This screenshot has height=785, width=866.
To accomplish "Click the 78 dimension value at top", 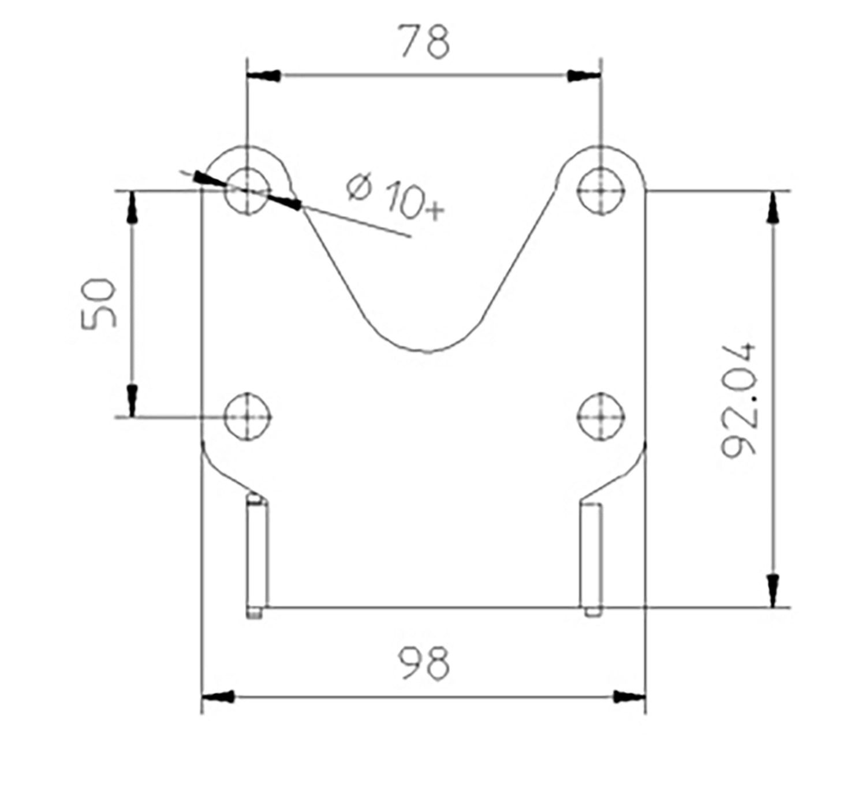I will click(424, 42).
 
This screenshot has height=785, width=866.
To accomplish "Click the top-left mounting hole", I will click(248, 191).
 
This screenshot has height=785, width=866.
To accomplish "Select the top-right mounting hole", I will click(601, 191).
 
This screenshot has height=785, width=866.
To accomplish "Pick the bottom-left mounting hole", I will click(248, 416).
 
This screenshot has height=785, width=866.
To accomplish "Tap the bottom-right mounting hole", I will click(601, 416).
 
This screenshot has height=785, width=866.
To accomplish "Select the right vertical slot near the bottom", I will click(591, 557).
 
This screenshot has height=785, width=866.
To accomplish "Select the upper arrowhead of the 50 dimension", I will click(132, 207).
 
